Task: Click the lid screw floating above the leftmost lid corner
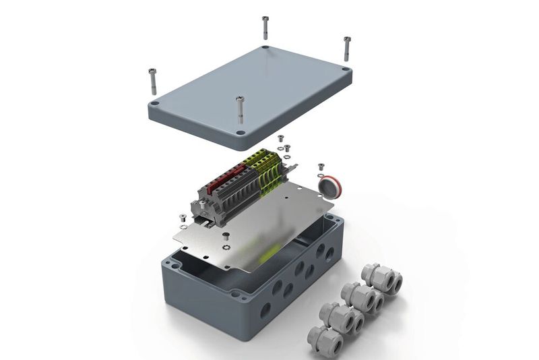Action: [152, 80]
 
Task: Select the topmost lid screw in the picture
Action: [265, 27]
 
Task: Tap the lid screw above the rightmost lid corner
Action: [347, 49]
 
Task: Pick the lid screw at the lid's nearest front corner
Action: [239, 108]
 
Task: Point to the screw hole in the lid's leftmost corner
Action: [155, 104]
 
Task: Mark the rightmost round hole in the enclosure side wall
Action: [329, 253]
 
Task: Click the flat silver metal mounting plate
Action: [269, 229]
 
